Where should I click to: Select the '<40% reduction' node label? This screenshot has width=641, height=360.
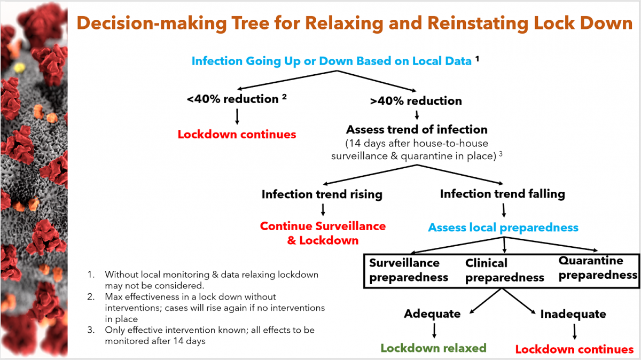click(x=233, y=99)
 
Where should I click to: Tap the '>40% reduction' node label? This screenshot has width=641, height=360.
click(x=416, y=101)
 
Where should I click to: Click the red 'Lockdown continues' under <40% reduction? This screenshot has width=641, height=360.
click(x=237, y=134)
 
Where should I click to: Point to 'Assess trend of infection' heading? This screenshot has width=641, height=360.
click(x=417, y=129)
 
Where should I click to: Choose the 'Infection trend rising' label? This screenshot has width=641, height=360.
click(x=322, y=194)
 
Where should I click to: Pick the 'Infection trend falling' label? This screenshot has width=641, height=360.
click(x=502, y=193)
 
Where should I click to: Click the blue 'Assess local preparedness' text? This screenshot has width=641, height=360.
click(x=503, y=228)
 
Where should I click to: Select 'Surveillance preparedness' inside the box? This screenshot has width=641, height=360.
click(x=408, y=270)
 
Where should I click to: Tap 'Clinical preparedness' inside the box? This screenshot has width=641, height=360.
click(x=504, y=270)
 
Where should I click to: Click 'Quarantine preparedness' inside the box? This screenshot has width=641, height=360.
click(x=598, y=268)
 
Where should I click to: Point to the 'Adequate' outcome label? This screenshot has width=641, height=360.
click(x=432, y=314)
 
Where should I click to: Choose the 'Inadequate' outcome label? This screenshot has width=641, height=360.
click(x=573, y=314)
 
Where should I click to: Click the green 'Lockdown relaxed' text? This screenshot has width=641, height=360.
click(x=433, y=348)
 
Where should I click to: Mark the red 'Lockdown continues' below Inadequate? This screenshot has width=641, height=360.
click(x=574, y=349)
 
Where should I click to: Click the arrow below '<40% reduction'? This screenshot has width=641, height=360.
click(x=237, y=116)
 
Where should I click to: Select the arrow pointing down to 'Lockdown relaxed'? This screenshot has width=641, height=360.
click(x=434, y=331)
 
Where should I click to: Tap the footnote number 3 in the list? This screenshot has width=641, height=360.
click(x=91, y=330)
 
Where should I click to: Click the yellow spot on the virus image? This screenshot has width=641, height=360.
click(x=20, y=68)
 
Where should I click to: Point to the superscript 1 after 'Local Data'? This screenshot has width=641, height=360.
click(x=477, y=59)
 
